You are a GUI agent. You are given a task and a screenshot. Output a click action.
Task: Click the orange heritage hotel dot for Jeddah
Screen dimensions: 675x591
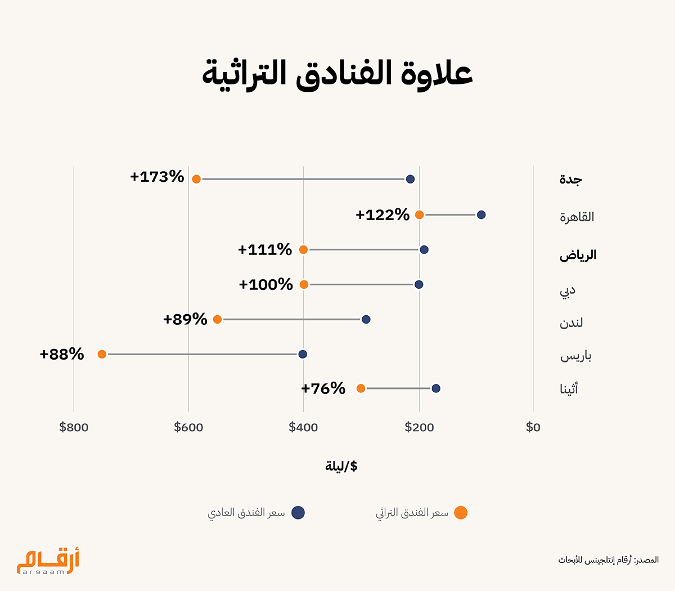196,179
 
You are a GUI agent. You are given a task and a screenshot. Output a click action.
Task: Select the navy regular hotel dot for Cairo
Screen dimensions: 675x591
481,214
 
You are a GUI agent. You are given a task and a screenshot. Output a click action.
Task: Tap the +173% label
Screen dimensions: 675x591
157,177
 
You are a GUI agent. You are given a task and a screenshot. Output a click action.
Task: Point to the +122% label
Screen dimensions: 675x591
382,214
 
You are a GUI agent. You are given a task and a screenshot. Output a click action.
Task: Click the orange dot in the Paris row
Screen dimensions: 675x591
102,354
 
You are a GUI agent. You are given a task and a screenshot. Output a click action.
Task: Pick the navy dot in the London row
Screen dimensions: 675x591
366,319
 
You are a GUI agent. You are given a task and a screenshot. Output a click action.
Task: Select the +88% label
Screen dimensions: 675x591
62,354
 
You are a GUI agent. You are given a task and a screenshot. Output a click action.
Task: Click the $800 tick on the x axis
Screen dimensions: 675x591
74,427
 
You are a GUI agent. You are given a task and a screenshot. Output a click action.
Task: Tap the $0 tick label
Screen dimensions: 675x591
533,427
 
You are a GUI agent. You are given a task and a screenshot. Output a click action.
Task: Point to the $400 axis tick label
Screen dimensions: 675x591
303,427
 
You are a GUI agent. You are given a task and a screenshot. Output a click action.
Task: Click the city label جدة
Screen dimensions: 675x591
571,180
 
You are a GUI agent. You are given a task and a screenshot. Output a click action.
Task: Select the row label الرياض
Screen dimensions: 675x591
578,255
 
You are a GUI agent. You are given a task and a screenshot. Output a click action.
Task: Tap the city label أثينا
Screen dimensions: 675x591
569,388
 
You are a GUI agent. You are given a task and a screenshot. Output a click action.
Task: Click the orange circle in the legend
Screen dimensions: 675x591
461,513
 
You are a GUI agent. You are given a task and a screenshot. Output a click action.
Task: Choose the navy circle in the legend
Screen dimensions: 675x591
298,513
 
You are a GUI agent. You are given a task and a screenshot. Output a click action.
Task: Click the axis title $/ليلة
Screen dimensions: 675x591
341,466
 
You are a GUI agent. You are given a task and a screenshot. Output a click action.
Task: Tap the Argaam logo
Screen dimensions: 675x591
48,561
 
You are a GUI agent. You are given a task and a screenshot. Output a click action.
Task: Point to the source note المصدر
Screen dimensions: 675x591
609,560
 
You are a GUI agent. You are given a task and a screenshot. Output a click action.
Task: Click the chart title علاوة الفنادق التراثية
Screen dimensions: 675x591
337,74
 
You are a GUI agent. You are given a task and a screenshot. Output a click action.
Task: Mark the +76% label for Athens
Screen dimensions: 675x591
323,388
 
